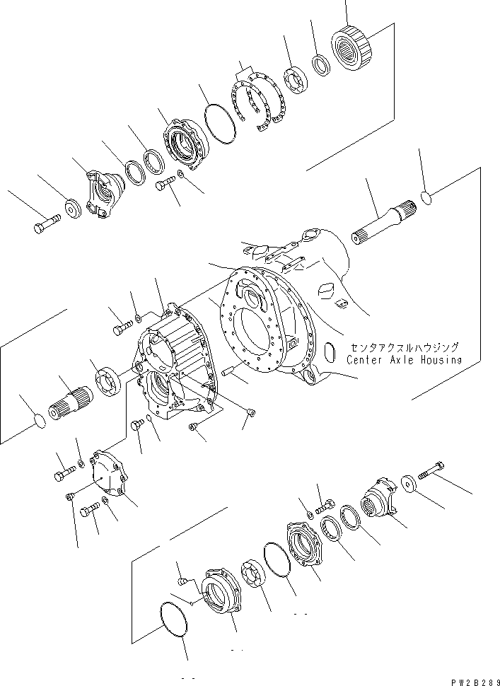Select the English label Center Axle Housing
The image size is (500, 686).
point(404,359)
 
